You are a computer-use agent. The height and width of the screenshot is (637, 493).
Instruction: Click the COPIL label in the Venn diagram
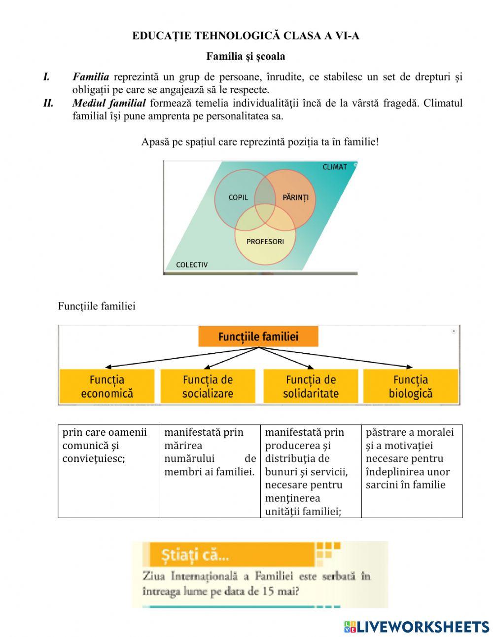[x=238, y=197]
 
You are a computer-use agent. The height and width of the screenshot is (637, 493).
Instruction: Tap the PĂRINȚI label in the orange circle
[x=295, y=197]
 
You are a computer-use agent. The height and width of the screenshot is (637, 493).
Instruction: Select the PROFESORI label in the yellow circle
[x=265, y=242]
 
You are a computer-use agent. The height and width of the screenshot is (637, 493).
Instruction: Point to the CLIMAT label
[x=335, y=167]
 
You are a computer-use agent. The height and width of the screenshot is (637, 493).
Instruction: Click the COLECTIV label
[x=192, y=265]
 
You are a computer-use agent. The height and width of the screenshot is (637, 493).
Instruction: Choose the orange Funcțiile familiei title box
[x=258, y=337]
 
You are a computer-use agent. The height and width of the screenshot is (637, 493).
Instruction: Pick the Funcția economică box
[x=107, y=386]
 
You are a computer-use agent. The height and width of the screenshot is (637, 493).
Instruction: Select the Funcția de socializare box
[x=208, y=386]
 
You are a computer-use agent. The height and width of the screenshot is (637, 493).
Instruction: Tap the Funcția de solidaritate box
[x=311, y=386]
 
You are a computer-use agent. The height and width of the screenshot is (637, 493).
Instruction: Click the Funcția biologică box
[x=410, y=386]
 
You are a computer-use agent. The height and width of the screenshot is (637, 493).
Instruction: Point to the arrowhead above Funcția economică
[x=108, y=367]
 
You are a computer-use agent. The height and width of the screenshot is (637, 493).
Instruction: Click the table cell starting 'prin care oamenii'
[x=108, y=470]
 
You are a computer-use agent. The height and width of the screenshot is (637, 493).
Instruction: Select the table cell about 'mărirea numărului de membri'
[x=210, y=470]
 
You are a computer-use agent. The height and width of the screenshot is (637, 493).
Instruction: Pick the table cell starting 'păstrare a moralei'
[x=412, y=470]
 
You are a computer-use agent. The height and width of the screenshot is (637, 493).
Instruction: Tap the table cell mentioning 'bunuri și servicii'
[x=311, y=471]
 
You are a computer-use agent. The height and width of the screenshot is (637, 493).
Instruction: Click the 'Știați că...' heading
[x=195, y=556]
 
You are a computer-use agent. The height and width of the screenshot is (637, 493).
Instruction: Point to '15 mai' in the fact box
[x=280, y=591]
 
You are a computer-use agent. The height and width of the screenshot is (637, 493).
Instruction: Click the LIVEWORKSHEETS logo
[x=417, y=627]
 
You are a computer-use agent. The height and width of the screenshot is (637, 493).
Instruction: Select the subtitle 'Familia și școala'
[x=246, y=56]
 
